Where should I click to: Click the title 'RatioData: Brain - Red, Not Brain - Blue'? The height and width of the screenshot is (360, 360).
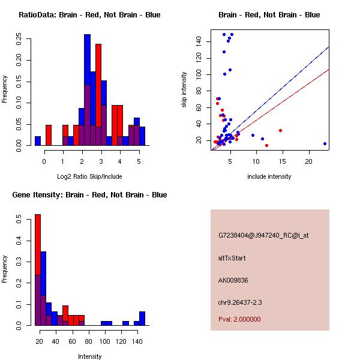click(89, 15)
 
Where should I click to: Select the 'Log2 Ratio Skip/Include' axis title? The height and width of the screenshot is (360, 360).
click(89, 176)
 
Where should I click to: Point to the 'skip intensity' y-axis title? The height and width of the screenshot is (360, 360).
click(184, 90)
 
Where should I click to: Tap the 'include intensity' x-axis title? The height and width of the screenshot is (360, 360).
click(269, 176)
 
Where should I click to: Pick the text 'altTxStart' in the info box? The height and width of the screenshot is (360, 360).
click(232, 258)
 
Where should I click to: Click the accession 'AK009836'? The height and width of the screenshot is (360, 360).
click(233, 280)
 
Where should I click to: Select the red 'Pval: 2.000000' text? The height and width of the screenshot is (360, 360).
click(239, 319)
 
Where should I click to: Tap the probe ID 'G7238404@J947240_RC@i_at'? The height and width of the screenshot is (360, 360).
click(263, 236)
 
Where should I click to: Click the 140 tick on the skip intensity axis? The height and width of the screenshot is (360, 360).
click(200, 41)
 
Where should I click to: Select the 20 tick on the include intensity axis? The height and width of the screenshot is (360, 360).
click(309, 162)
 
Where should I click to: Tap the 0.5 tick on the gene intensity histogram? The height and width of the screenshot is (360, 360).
click(20, 220)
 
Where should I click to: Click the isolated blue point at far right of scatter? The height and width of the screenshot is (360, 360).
click(325, 143)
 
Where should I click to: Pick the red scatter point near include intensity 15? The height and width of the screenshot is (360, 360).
click(280, 130)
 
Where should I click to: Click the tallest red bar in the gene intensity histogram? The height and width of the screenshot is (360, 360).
click(37, 269)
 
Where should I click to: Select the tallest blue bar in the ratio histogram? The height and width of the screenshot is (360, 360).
click(87, 90)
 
